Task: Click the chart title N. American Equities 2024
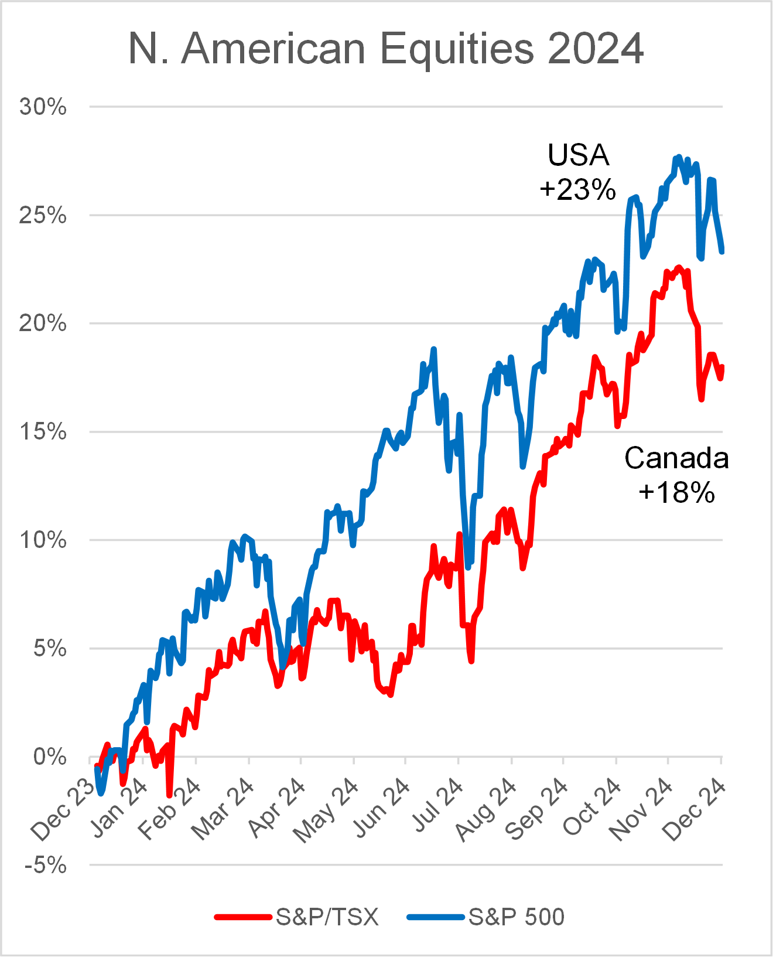pyautogui.click(x=386, y=48)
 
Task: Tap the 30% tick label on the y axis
pyautogui.click(x=43, y=107)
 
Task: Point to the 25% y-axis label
pyautogui.click(x=43, y=216)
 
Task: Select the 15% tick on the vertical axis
pyautogui.click(x=43, y=432)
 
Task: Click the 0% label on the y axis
pyautogui.click(x=50, y=757)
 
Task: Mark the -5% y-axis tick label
pyautogui.click(x=46, y=865)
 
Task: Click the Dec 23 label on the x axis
pyautogui.click(x=63, y=810)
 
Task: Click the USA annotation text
pyautogui.click(x=579, y=155)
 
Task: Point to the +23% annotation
pyautogui.click(x=578, y=189)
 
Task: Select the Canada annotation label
pyautogui.click(x=676, y=458)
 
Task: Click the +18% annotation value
pyautogui.click(x=677, y=492)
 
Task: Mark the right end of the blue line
pyautogui.click(x=722, y=251)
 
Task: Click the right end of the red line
pyautogui.click(x=722, y=367)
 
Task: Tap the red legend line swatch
pyautogui.click(x=243, y=917)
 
